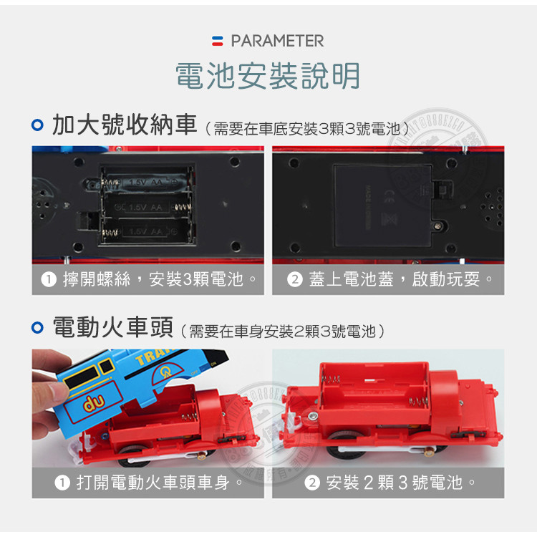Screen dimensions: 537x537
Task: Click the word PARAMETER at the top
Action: pyautogui.click(x=277, y=41)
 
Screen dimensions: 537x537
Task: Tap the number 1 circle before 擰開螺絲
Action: pyautogui.click(x=48, y=279)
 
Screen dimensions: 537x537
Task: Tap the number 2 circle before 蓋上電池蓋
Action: pyautogui.click(x=293, y=279)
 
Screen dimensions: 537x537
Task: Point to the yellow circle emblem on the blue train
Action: pyautogui.click(x=167, y=371)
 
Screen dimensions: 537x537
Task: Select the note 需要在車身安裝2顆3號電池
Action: pyautogui.click(x=283, y=331)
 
